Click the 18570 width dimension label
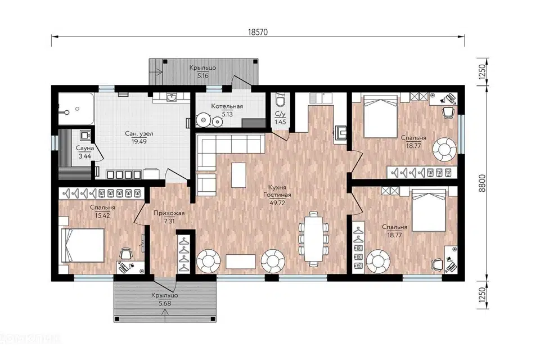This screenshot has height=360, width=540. tap(258, 32)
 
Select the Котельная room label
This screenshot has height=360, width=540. tap(227, 106)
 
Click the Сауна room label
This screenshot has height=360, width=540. tap(85, 148)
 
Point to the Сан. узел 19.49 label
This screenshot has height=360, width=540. tap(139, 137)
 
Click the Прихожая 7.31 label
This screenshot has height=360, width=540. tap(169, 217)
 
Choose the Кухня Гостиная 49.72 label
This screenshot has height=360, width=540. tap(277, 195)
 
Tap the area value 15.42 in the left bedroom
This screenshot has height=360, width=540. tap(102, 215)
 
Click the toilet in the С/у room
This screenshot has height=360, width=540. tap(280, 100)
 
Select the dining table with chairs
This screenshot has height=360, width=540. tap(313, 238)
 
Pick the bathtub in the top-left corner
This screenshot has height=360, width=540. tap(75, 109)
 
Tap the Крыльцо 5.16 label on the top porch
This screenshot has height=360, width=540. tap(203, 71)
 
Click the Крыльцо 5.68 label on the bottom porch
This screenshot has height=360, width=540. tap(165, 300)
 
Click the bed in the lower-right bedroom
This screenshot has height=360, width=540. tap(429, 211)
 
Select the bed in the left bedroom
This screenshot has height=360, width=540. tap(83, 246)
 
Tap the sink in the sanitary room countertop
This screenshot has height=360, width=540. tap(172, 98)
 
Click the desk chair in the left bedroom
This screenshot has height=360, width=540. tap(126, 254)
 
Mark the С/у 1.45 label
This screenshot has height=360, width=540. tap(280, 118)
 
